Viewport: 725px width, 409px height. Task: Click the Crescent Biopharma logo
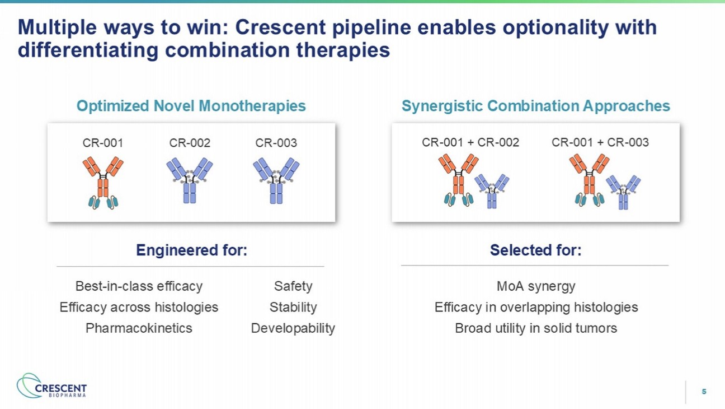52,387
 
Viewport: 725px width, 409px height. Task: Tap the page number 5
704,392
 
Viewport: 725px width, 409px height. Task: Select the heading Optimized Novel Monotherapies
191,106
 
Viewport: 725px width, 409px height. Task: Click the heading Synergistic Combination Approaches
535,106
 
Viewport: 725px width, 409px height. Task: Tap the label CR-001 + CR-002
470,142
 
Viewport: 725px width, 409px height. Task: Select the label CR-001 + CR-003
600,142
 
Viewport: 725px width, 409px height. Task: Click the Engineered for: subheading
191,250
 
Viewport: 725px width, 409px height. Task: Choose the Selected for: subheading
535,250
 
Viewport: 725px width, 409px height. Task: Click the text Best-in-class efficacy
139,286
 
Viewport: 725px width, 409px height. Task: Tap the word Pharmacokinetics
139,328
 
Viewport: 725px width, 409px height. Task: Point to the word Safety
293,286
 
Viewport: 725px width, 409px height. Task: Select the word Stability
293,307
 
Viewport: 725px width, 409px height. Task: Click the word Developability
293,328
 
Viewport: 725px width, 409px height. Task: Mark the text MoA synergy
536,286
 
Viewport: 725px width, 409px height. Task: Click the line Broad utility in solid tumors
536,328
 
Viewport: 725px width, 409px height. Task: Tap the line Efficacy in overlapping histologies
536,307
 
